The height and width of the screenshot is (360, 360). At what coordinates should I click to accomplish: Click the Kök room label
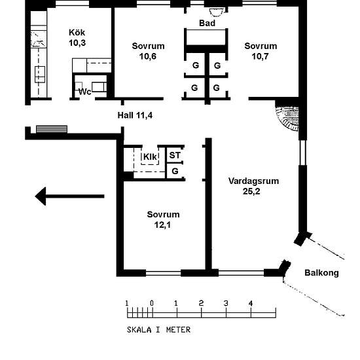[77, 32]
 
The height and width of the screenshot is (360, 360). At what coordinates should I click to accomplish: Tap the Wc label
[84, 92]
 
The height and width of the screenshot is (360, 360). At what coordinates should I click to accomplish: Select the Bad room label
[207, 23]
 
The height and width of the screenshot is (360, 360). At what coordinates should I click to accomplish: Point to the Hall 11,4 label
[135, 115]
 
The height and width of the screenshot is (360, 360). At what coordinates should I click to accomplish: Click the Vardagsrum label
[254, 181]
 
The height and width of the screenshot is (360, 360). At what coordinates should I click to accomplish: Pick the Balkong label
[321, 273]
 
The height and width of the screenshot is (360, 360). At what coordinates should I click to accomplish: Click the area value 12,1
[162, 225]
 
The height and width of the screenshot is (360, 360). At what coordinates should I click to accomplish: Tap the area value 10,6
[148, 56]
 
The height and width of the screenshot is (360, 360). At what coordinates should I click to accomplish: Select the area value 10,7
[260, 56]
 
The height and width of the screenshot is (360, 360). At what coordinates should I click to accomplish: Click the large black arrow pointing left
[69, 196]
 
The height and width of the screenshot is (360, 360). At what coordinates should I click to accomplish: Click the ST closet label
[175, 155]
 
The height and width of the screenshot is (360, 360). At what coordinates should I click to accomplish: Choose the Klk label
[150, 157]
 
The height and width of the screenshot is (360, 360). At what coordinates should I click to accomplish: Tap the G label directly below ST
[175, 171]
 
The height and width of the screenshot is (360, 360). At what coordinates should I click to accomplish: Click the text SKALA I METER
[158, 330]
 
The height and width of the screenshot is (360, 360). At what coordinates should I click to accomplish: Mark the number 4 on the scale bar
[251, 304]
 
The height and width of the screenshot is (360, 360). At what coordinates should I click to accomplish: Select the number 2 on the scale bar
[201, 303]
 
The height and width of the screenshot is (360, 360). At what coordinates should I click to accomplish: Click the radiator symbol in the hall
[52, 129]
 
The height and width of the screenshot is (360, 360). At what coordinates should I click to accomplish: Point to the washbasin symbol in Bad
[217, 12]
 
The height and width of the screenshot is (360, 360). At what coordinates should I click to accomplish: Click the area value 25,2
[251, 191]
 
